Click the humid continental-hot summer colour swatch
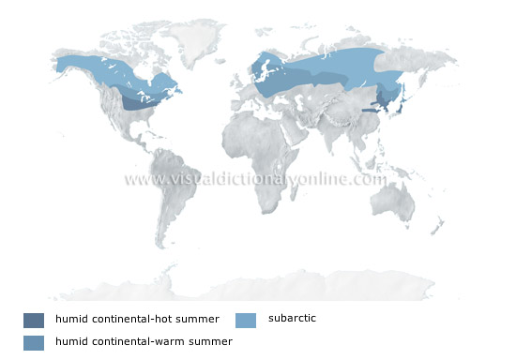[34, 320]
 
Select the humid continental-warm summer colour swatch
[34, 342]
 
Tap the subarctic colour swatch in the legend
[246, 320]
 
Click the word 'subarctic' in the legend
[292, 319]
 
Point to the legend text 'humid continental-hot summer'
[136, 320]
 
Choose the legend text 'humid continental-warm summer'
[143, 342]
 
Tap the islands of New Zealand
[438, 225]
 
